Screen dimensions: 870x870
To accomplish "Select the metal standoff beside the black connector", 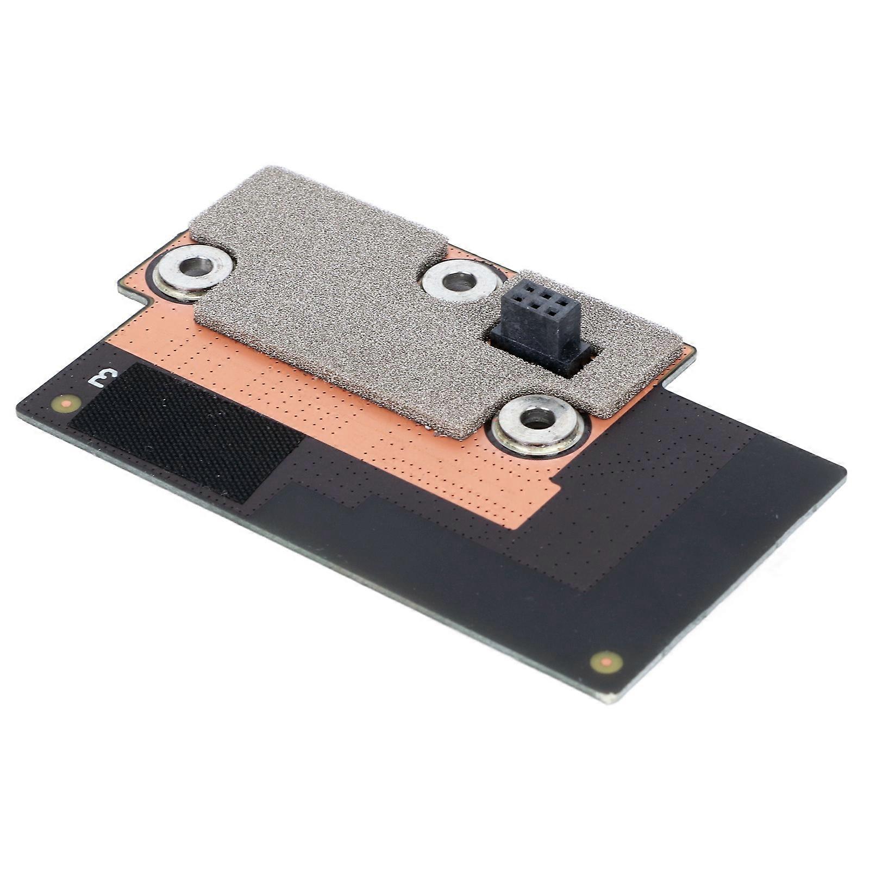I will click(x=459, y=281).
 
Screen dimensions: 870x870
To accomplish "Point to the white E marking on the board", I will click(x=103, y=376).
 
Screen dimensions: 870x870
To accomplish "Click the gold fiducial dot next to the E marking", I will click(x=67, y=403).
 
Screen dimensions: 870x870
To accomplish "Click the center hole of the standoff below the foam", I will click(x=537, y=419).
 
